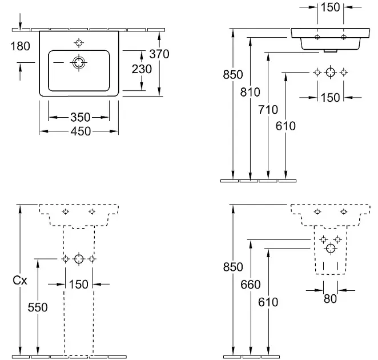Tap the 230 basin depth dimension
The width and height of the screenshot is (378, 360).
click(x=142, y=69)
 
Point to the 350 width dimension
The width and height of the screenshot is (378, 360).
click(x=80, y=117)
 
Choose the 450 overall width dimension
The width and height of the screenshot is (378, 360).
click(x=80, y=131)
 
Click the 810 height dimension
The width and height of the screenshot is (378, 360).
click(x=251, y=92)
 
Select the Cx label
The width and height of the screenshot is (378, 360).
click(x=20, y=280)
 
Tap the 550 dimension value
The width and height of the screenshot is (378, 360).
click(x=38, y=307)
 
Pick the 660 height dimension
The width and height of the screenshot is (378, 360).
click(x=251, y=285)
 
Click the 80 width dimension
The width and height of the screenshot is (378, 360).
click(x=329, y=298)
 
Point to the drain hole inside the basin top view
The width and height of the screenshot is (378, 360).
click(x=78, y=63)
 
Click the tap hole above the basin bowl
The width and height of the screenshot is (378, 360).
click(x=78, y=42)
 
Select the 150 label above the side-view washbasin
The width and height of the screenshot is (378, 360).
click(x=330, y=8)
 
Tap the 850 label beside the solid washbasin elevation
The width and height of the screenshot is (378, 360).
click(x=233, y=74)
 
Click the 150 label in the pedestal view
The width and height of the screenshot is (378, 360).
click(x=78, y=284)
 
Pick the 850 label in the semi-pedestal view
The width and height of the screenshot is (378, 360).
click(x=233, y=267)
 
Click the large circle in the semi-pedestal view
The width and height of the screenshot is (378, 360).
click(x=331, y=249)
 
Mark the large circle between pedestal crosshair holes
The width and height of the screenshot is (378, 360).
click(x=79, y=259)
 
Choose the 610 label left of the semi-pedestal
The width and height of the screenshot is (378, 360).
click(x=268, y=302)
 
